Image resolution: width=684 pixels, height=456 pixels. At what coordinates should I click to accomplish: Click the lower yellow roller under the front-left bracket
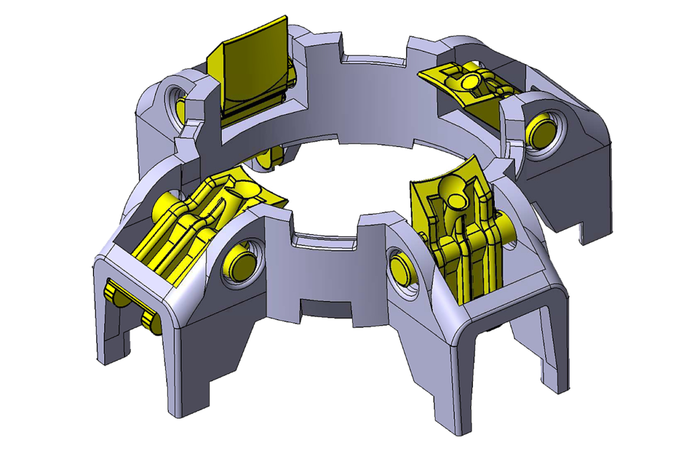[152, 322]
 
